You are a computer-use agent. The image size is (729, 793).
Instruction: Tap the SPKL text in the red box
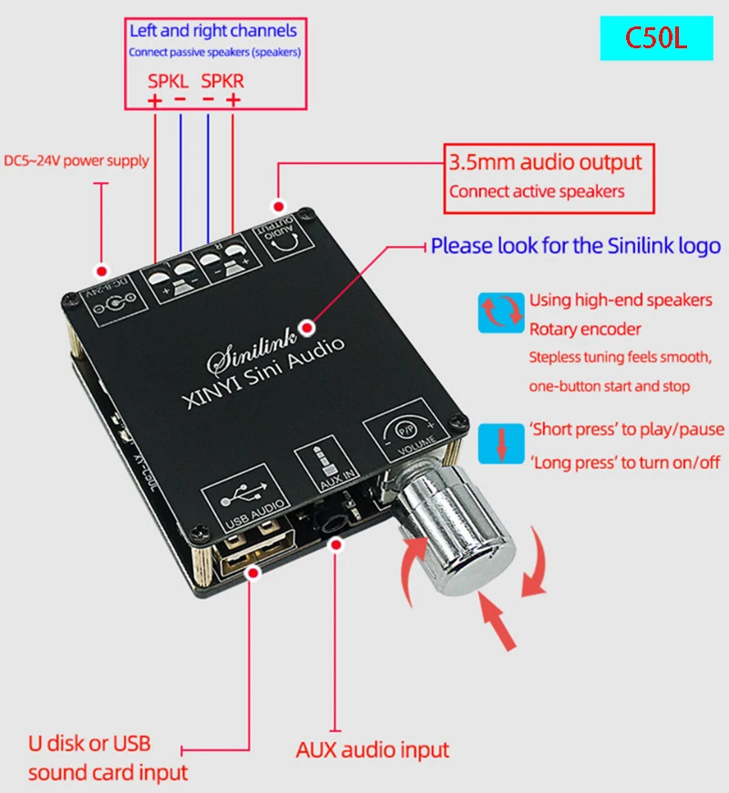pos(169,81)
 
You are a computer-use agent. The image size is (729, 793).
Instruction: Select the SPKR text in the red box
pos(223,81)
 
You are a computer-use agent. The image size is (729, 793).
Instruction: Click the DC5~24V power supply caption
pos(77,160)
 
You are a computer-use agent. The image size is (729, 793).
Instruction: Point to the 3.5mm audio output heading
pos(546,163)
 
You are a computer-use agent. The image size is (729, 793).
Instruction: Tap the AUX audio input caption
pos(373,750)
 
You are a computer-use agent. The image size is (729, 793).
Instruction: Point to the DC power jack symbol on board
pos(108,308)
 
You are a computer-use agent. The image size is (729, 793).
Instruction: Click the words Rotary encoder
pos(585,329)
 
